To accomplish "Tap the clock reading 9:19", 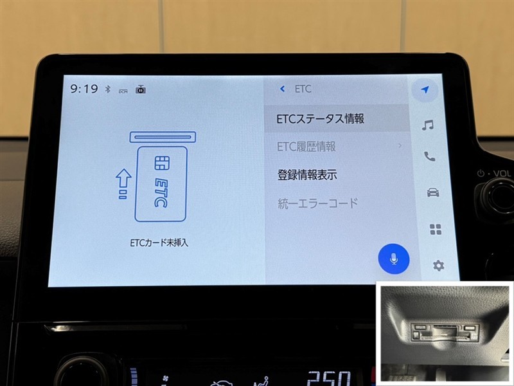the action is (84, 89).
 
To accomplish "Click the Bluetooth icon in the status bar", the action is (107, 89).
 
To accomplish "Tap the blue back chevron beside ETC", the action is (282, 89).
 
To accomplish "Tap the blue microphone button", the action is (394, 259).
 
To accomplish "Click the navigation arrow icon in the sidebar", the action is (425, 89).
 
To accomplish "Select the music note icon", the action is (428, 125).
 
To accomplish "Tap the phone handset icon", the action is (429, 156).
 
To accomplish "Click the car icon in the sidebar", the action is (433, 192).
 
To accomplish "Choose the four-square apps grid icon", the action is (436, 230).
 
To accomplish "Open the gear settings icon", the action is (439, 265).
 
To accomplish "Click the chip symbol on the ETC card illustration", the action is (162, 163).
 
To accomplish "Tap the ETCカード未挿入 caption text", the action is (159, 243).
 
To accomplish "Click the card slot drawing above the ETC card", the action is (163, 137).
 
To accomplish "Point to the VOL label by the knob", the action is (502, 173).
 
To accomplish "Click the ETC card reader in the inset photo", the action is (445, 331).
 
